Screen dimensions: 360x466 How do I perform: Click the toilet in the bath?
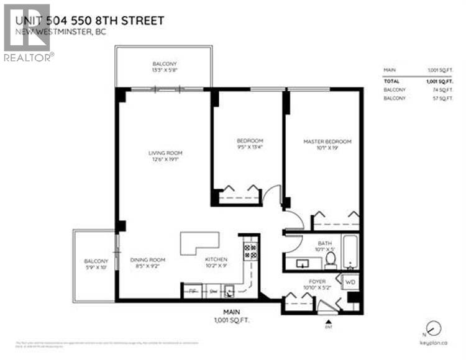click(332, 260)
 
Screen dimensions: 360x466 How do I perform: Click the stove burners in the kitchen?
click(250, 251)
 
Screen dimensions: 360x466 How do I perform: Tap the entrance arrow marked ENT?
click(328, 322)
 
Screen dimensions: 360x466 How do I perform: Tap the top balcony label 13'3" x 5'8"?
click(165, 68)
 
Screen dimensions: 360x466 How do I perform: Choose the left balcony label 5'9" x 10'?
click(96, 264)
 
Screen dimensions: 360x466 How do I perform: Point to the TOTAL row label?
click(391, 81)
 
